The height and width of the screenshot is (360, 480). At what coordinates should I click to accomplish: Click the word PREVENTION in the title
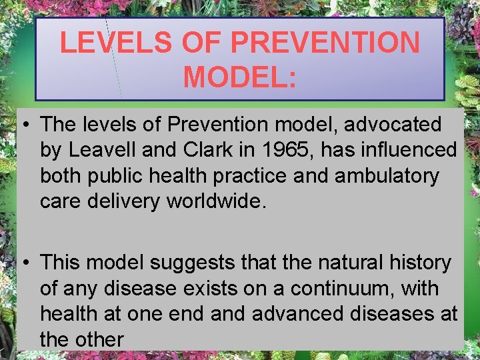(x=325, y=43)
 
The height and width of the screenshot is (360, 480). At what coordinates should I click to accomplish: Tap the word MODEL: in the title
(x=240, y=75)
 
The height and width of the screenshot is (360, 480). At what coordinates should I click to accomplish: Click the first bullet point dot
(x=23, y=125)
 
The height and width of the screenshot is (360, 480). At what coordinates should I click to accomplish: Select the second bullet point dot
(x=23, y=263)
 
